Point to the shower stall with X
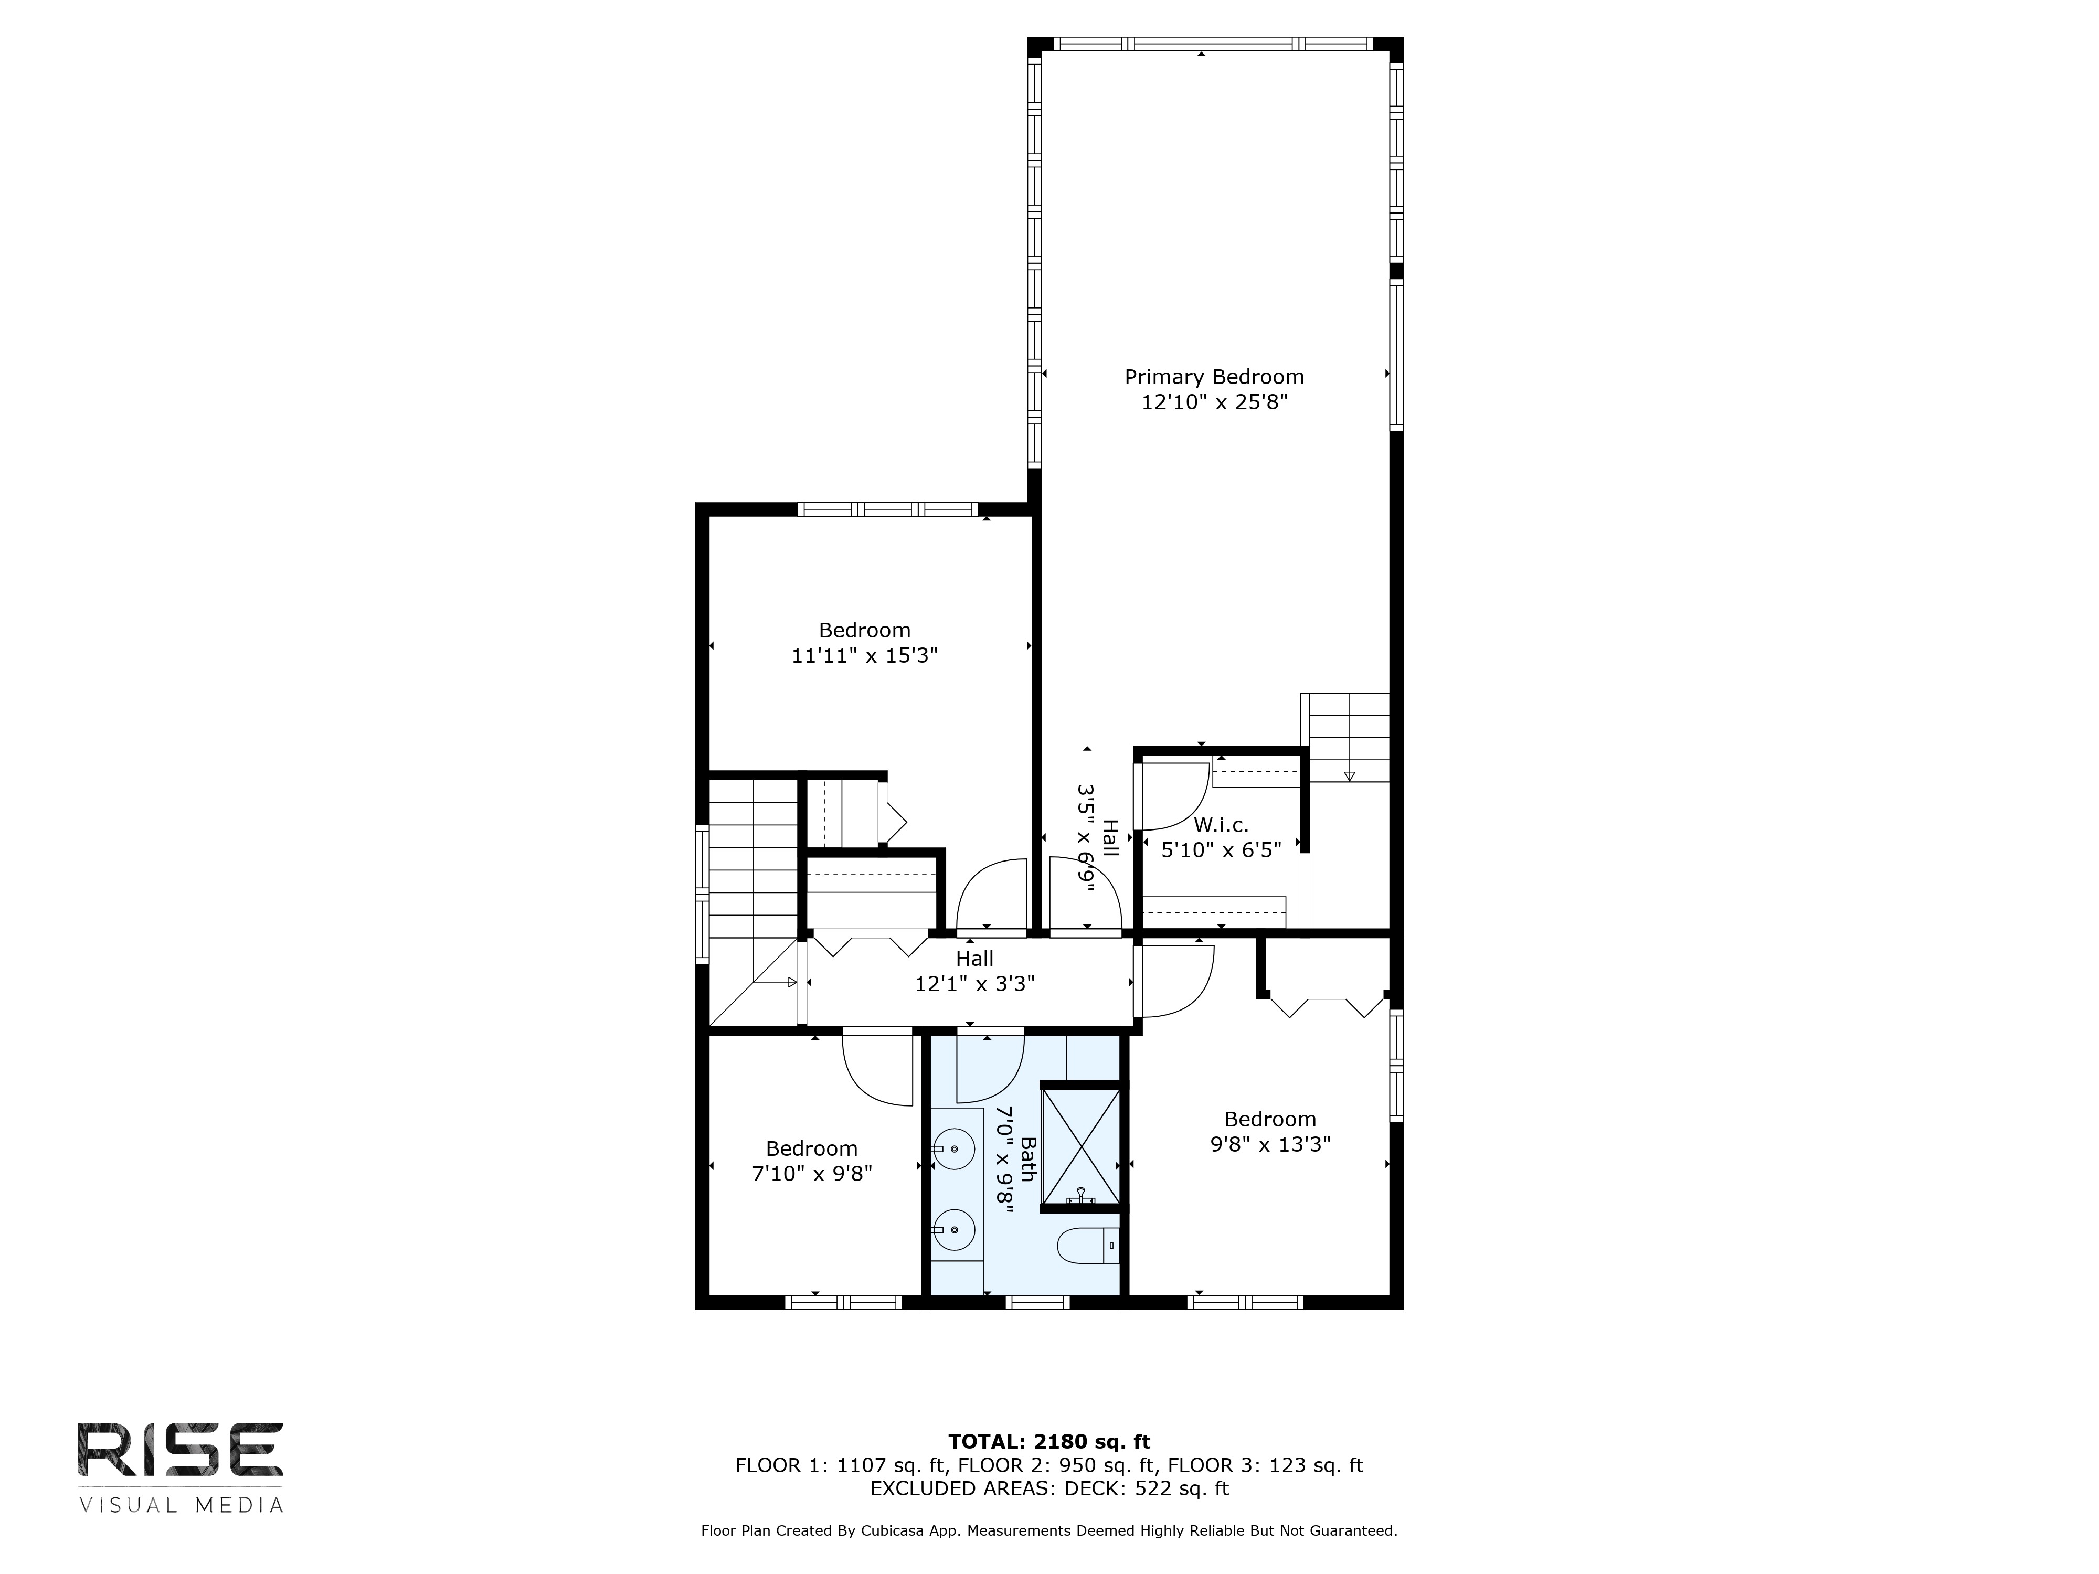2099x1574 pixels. [1081, 1147]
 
